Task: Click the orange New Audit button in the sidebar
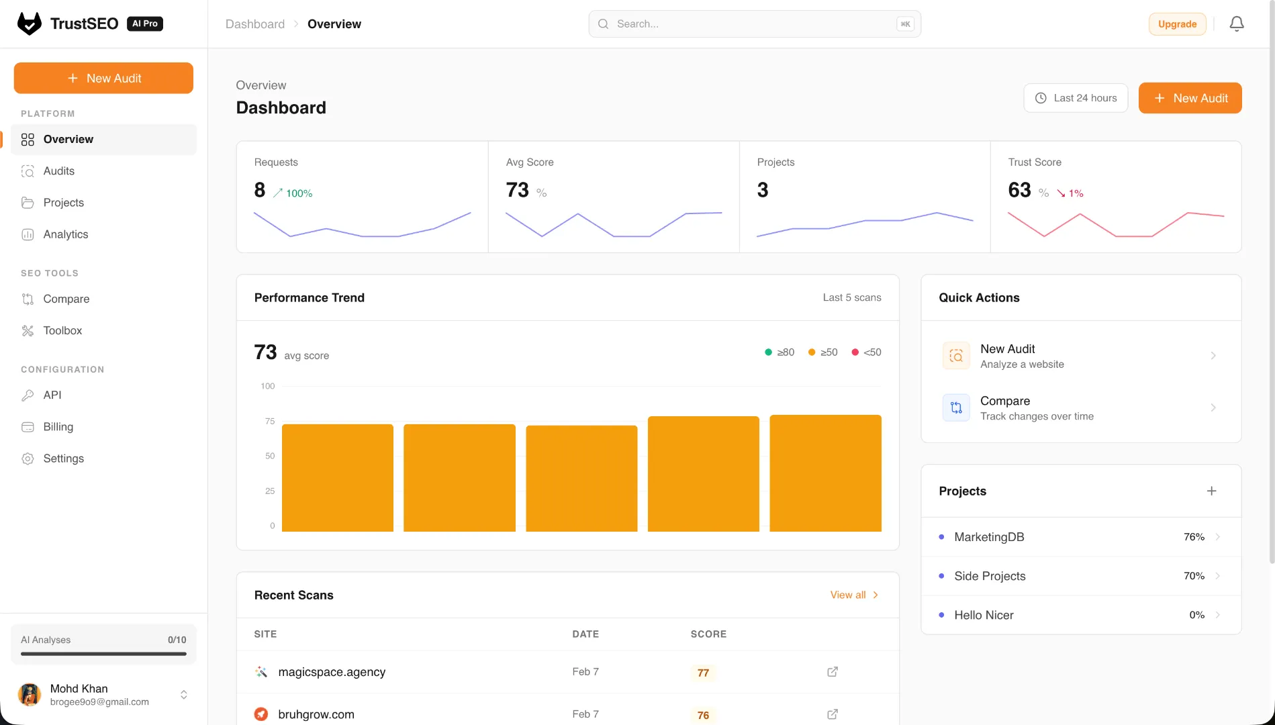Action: click(103, 78)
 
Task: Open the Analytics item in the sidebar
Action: click(65, 234)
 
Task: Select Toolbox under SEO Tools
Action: click(62, 330)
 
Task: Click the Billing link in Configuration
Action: click(58, 427)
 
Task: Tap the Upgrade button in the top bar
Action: click(1177, 24)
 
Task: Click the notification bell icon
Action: click(1237, 24)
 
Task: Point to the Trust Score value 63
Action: click(1019, 190)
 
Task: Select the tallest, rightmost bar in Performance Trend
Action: click(825, 473)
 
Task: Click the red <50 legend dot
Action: click(855, 352)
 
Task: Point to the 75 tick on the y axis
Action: click(270, 421)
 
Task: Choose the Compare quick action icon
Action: click(956, 407)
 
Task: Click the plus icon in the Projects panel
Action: click(1211, 491)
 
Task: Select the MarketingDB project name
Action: click(989, 537)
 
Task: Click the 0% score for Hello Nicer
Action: click(1196, 615)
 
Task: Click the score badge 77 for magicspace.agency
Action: click(703, 673)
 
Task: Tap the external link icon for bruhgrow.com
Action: click(833, 714)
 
